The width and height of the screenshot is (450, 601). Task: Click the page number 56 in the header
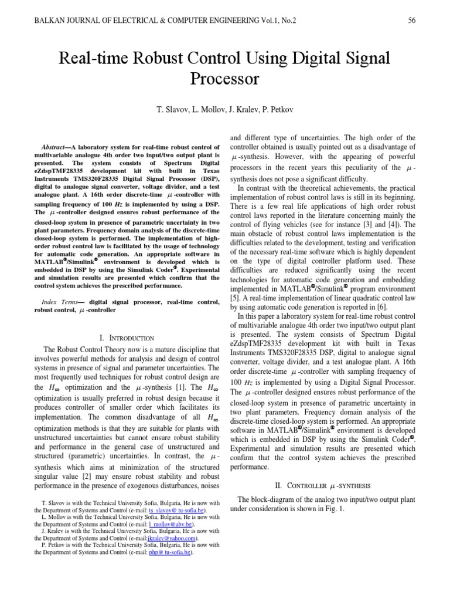[411, 21]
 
